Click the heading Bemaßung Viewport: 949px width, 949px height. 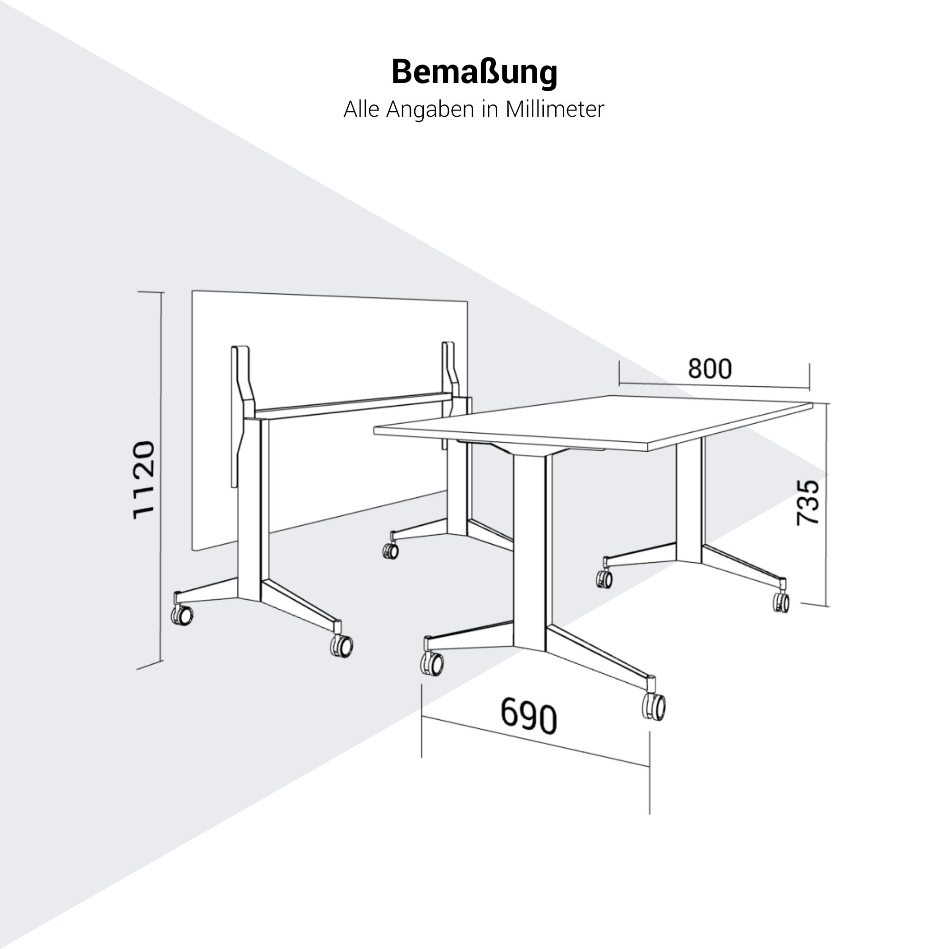pyautogui.click(x=474, y=73)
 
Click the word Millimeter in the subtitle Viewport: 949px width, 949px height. pyautogui.click(x=555, y=109)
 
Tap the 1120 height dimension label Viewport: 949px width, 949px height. pyautogui.click(x=144, y=480)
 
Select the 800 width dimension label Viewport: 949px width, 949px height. pyautogui.click(x=709, y=368)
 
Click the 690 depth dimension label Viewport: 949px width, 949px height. pyautogui.click(x=529, y=716)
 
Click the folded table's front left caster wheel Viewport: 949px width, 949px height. pyautogui.click(x=182, y=615)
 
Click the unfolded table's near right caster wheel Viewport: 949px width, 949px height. pyautogui.click(x=654, y=707)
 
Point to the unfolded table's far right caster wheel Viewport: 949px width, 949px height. pyautogui.click(x=781, y=602)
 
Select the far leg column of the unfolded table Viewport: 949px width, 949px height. pyautogui.click(x=688, y=501)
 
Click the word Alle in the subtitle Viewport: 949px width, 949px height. pyautogui.click(x=362, y=109)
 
